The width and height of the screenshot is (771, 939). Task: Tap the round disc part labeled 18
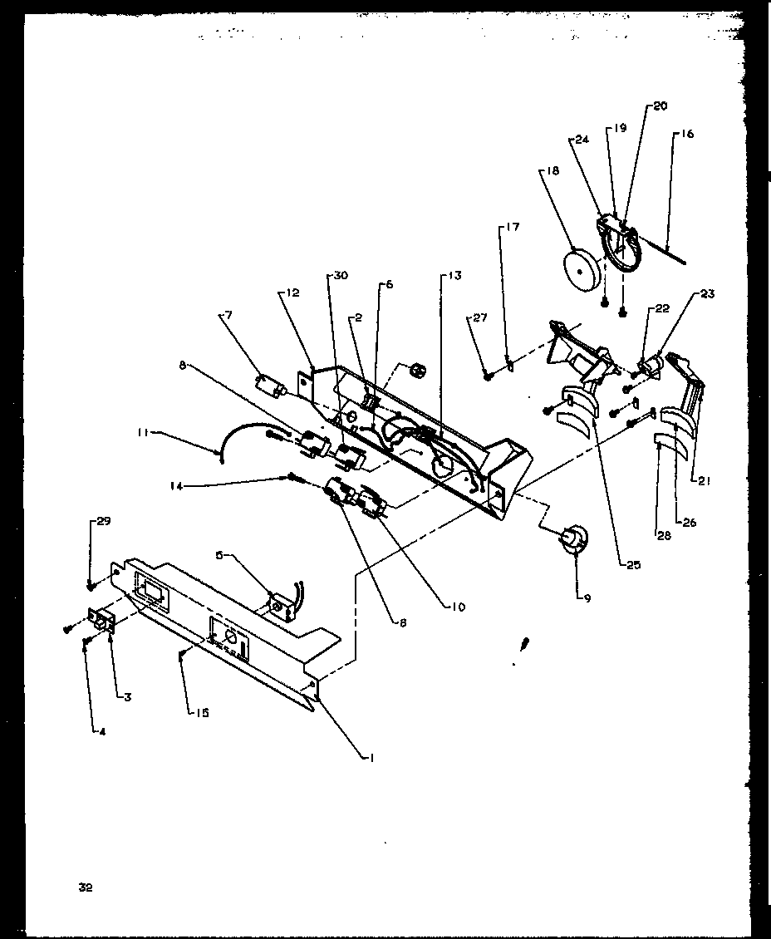(581, 269)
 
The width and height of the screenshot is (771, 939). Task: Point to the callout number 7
(228, 315)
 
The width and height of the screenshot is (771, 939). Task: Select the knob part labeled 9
(571, 541)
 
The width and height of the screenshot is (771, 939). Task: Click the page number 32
(85, 887)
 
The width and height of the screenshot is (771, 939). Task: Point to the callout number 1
(372, 756)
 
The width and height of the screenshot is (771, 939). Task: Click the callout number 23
(707, 293)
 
